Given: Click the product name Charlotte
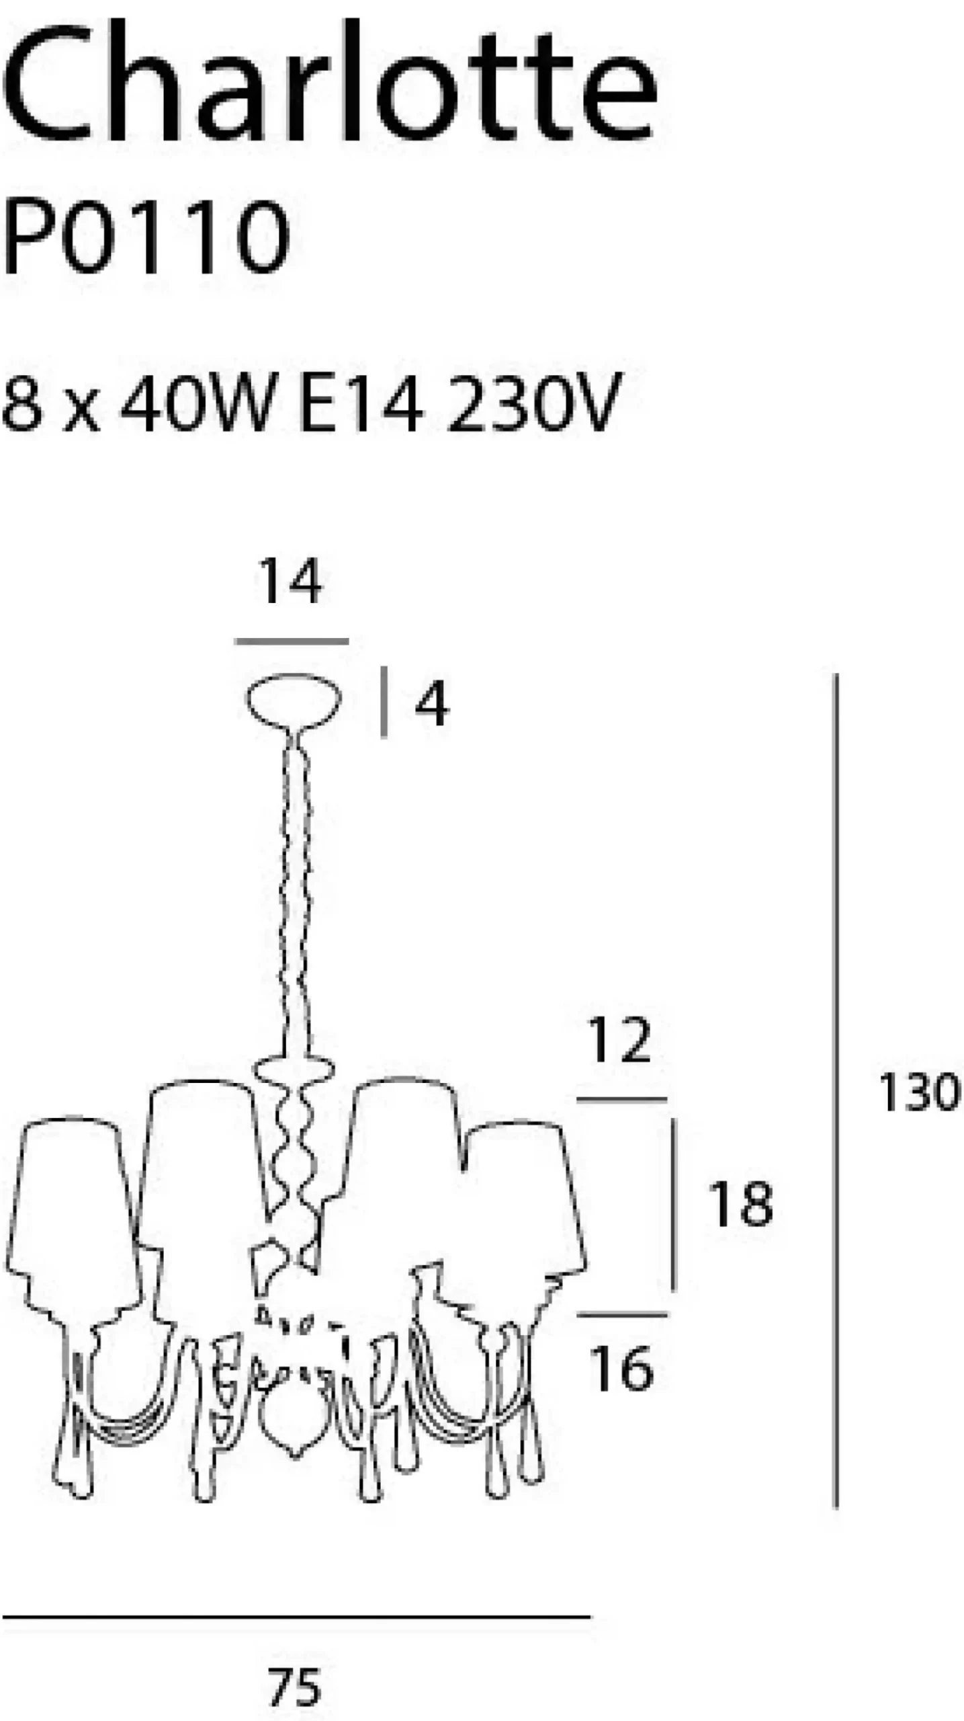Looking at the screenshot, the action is click(x=329, y=81).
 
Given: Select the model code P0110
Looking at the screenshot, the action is click(x=146, y=237).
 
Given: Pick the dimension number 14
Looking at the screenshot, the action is click(x=290, y=582).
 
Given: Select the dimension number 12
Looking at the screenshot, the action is click(x=619, y=1040).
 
